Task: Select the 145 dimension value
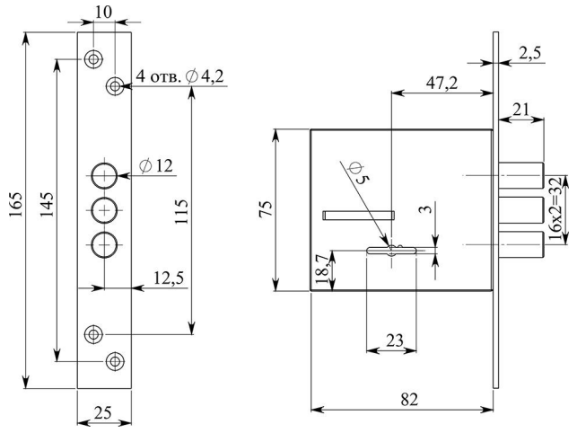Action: tap(47, 208)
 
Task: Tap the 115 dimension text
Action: tap(180, 212)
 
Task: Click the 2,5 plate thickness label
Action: tap(530, 53)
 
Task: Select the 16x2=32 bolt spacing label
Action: tap(556, 209)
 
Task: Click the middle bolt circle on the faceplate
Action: tap(105, 208)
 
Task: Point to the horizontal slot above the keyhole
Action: tap(358, 214)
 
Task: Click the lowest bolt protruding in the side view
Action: tap(520, 245)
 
